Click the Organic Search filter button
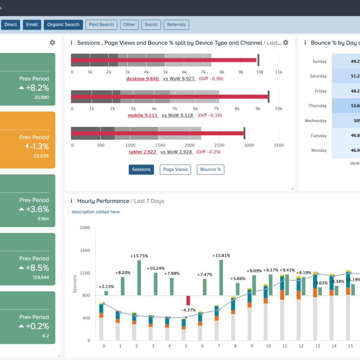(63, 25)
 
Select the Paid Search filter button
(101, 25)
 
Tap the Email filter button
(32, 25)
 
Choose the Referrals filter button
(177, 25)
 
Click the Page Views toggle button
(175, 169)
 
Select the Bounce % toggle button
(210, 169)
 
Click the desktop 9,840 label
(142, 79)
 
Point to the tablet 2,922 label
(143, 152)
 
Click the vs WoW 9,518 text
(177, 115)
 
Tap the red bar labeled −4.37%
(188, 300)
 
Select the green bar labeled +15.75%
(139, 278)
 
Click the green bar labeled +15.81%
(221, 278)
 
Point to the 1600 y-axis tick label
(85, 251)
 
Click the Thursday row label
(317, 106)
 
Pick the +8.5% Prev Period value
(37, 268)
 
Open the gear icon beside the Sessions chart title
(286, 43)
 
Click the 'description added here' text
(96, 212)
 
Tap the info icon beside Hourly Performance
(71, 201)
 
